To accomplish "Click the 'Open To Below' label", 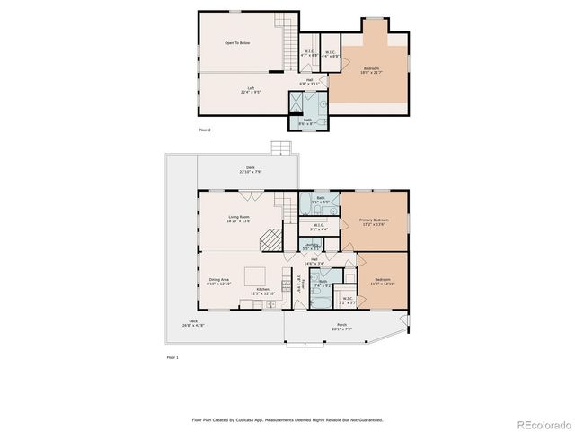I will [x=237, y=42].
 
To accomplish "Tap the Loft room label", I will [x=251, y=90].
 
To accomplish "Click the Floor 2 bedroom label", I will [x=371, y=70].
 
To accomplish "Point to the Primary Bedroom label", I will [x=373, y=221].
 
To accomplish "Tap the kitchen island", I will [x=257, y=274].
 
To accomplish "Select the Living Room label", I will [x=239, y=218].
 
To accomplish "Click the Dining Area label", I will [x=219, y=282].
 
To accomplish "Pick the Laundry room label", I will [x=312, y=246].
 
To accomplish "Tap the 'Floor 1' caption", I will [x=172, y=357].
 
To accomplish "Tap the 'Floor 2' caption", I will [x=205, y=130].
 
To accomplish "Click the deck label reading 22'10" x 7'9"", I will [x=252, y=170].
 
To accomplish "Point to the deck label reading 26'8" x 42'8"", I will [x=193, y=323].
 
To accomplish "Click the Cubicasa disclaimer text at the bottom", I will [x=287, y=418].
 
